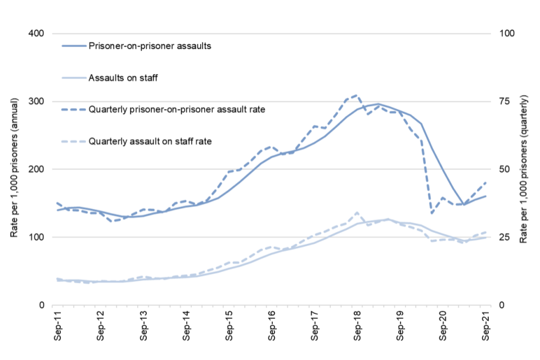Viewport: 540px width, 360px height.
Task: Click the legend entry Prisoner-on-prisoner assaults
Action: click(x=150, y=46)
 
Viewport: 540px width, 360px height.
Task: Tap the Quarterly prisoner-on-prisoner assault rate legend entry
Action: click(x=177, y=109)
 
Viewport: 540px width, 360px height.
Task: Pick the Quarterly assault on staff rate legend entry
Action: click(x=150, y=141)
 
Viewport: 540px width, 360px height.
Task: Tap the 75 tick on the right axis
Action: click(x=500, y=101)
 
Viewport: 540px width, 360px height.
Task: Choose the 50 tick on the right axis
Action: click(x=500, y=169)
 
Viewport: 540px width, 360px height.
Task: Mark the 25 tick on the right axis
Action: click(x=500, y=237)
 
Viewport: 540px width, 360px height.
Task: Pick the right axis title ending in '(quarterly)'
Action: click(x=524, y=169)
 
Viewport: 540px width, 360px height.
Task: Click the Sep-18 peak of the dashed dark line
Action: click(x=357, y=95)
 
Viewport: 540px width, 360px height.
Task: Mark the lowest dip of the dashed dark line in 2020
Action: click(x=432, y=213)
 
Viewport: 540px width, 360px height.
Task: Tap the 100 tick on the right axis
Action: click(x=502, y=34)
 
